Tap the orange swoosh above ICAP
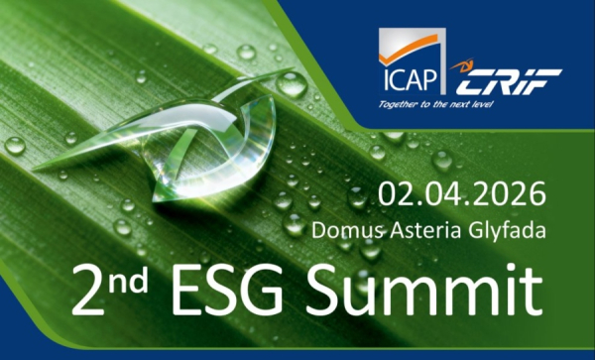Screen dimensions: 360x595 pyautogui.click(x=408, y=45)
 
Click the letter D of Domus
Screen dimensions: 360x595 pyautogui.click(x=318, y=228)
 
